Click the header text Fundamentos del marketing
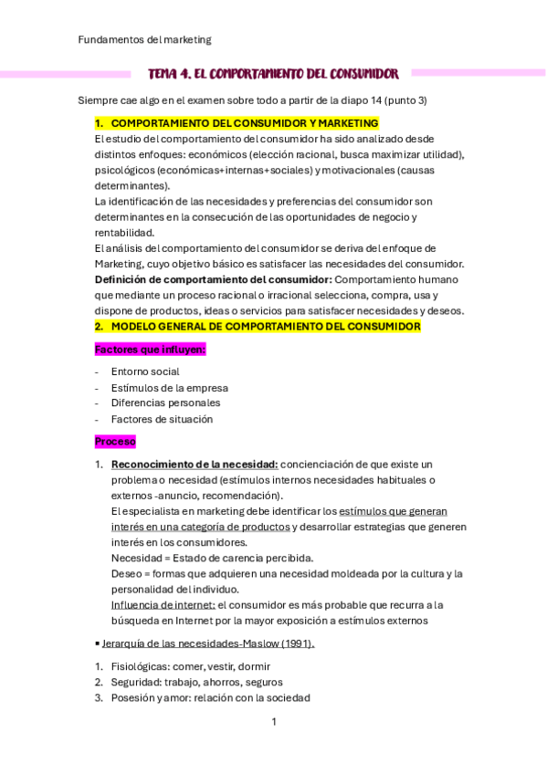pos(144,39)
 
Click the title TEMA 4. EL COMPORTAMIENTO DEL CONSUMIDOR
pos(273,73)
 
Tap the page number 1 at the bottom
pos(273,722)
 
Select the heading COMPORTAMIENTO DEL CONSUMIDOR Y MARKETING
pos(244,123)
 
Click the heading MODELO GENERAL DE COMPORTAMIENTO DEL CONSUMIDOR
pos(265,326)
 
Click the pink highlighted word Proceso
pos(115,442)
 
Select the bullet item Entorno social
pos(144,371)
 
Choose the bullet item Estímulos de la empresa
pos(169,387)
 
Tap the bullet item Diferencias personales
pos(165,403)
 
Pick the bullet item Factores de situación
pos(162,419)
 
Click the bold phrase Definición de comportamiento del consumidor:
pos(213,279)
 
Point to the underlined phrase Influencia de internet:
pos(163,604)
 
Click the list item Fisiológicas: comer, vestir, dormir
pos(190,666)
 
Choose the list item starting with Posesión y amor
pos(210,697)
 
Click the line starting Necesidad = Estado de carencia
pos(212,558)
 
